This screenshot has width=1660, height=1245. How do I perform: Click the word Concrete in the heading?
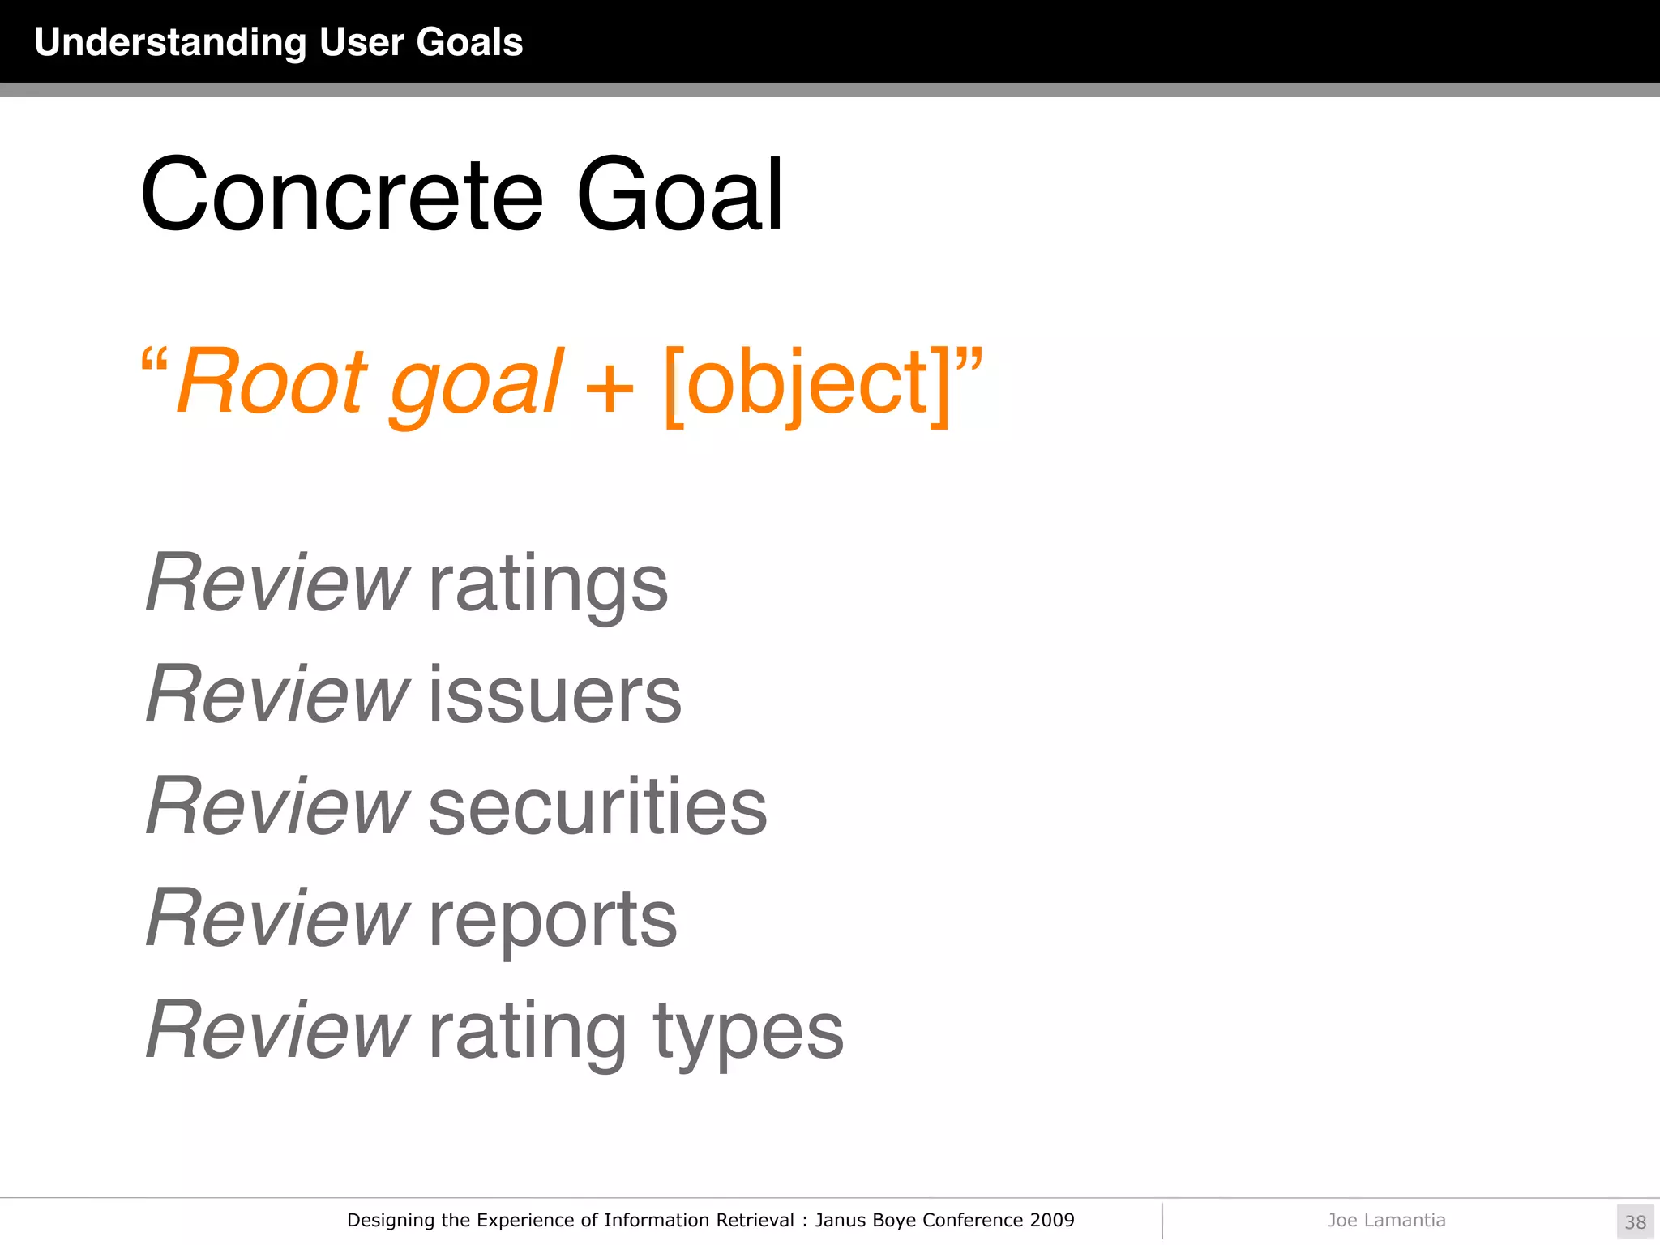tap(341, 197)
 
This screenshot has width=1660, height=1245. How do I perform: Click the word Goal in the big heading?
tap(679, 197)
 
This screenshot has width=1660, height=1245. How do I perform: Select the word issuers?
tap(554, 695)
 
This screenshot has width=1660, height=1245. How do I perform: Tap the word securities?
tap(597, 807)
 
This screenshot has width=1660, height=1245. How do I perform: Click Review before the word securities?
tap(277, 806)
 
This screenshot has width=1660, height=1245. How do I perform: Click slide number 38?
tap(1635, 1221)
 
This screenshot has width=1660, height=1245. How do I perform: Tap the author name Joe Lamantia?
tap(1386, 1220)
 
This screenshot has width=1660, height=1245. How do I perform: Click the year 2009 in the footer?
tap(1051, 1220)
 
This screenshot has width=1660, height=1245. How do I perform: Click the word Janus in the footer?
tap(841, 1220)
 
